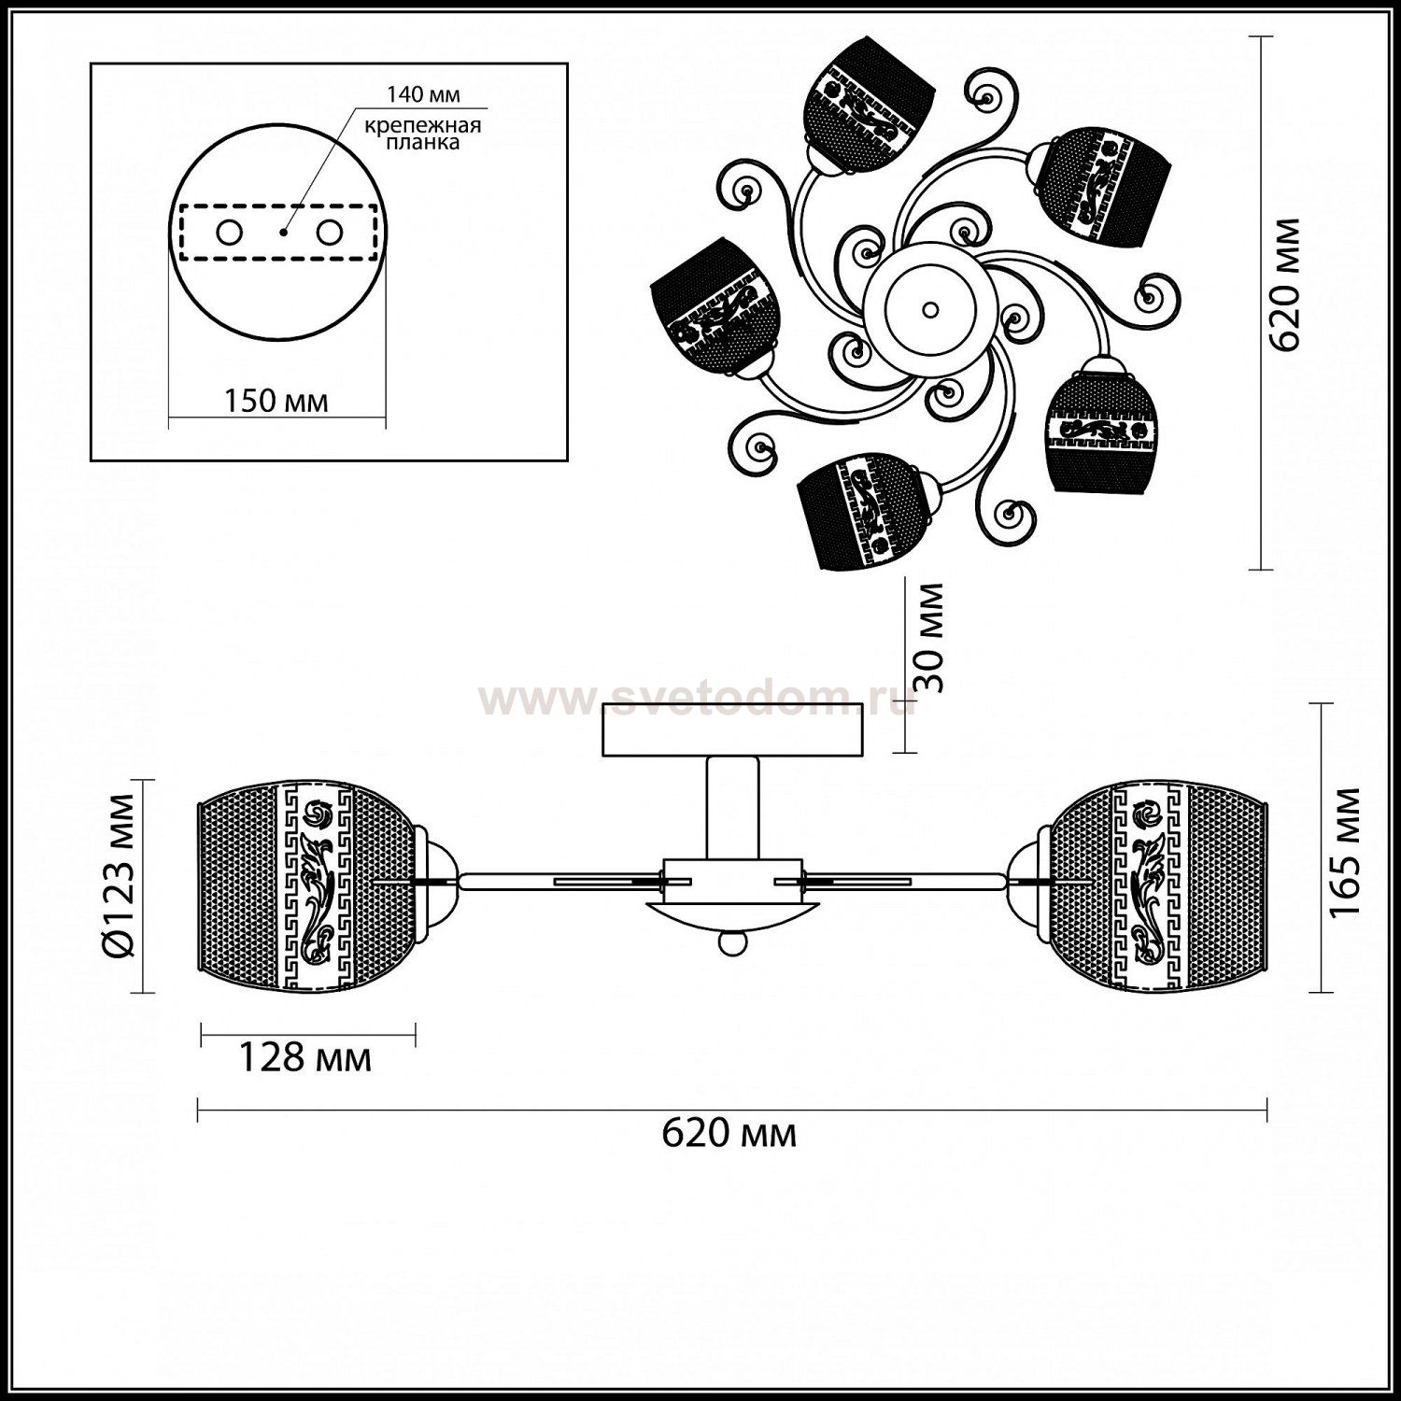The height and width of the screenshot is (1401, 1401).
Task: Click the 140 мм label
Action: click(424, 94)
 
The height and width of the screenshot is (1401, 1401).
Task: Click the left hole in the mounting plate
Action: click(227, 232)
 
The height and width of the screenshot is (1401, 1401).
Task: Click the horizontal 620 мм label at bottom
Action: click(729, 1133)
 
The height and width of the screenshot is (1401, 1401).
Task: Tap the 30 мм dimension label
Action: click(927, 638)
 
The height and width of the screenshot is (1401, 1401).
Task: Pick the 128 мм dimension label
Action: click(305, 1058)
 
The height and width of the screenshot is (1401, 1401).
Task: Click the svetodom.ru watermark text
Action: click(696, 698)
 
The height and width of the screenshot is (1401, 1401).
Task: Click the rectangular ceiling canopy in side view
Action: click(732, 730)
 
